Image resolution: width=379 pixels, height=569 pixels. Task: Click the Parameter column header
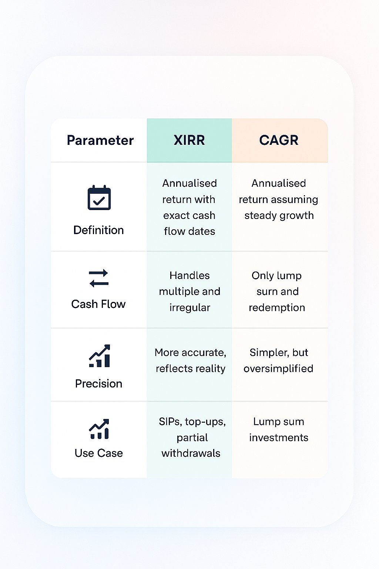point(100,140)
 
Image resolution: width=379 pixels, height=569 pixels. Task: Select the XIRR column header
point(189,140)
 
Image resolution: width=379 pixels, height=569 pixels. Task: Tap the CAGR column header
point(279,140)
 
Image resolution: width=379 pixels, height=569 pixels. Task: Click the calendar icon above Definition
point(99,198)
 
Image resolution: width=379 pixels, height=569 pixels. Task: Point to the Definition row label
point(98,230)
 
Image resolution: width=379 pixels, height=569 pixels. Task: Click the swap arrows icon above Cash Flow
point(99,278)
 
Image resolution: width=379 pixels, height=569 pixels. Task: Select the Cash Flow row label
point(98,304)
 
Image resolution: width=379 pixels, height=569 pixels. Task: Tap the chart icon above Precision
point(100,356)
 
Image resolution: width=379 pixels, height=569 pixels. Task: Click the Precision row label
point(98,383)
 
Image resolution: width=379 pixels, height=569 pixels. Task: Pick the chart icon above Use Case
point(99,429)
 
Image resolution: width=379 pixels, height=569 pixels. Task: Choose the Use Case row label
point(98,453)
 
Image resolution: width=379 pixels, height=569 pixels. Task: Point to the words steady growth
point(279,215)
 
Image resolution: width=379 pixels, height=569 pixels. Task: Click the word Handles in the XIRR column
point(189,276)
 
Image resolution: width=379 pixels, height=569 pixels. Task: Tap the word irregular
point(189,307)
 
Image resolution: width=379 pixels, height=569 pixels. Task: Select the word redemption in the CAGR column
point(277,307)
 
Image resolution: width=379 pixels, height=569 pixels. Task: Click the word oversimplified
point(278,369)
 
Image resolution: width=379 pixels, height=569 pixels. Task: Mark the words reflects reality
point(190,369)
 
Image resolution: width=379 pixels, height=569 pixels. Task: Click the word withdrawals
point(191,453)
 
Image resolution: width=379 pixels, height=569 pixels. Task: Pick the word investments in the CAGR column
point(279,437)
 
